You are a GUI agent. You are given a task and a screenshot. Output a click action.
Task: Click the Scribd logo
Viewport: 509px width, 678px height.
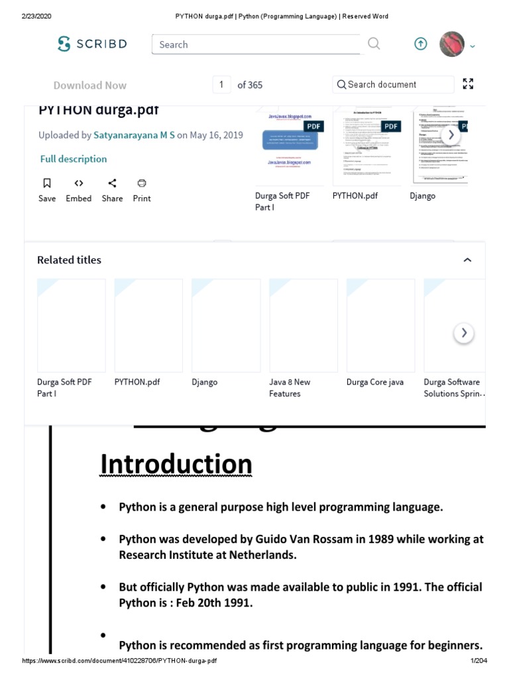pos(92,44)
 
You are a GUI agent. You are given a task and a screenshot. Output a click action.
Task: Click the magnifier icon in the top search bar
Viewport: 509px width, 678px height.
pos(374,44)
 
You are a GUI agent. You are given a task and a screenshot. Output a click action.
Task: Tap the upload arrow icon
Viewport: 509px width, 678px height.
pos(421,44)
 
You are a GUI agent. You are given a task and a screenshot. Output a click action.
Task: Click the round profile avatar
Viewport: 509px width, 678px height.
pos(452,44)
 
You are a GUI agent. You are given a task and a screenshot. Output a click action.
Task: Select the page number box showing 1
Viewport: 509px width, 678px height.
pos(221,85)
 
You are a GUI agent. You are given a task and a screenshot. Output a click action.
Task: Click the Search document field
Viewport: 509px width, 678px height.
pos(393,85)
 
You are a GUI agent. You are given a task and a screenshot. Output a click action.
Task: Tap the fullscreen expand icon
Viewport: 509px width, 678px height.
pos(468,84)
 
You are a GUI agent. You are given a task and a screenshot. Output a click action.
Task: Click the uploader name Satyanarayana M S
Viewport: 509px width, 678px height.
pos(135,135)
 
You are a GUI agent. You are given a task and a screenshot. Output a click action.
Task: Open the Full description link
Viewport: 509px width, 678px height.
pos(74,159)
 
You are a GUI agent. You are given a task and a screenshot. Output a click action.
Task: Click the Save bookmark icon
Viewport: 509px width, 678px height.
pos(47,183)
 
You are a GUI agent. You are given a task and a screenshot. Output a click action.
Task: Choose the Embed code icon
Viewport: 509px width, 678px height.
pos(78,183)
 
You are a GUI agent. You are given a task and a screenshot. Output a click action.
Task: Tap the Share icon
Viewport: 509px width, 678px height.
pos(112,183)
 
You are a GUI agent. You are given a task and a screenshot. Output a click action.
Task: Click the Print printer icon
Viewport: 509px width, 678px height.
pos(141,183)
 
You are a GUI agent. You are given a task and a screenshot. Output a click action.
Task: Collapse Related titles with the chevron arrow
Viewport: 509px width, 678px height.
pos(467,260)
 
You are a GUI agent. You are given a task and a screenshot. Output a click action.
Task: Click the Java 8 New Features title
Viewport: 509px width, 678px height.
pos(290,388)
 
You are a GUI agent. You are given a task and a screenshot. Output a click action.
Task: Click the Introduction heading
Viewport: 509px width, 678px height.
pos(176,465)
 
